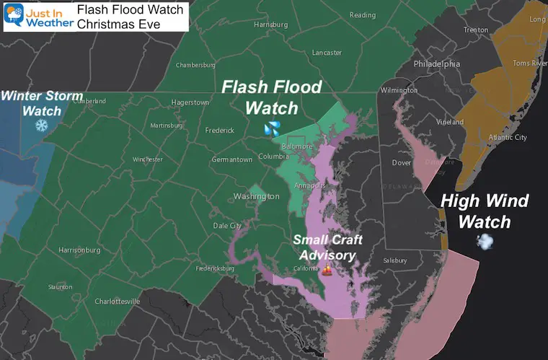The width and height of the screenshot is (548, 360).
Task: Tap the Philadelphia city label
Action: click(x=436, y=63)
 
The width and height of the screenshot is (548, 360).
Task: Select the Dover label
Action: click(x=401, y=163)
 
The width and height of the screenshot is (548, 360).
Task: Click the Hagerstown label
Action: click(x=190, y=102)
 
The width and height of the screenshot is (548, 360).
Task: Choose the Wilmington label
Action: click(x=399, y=90)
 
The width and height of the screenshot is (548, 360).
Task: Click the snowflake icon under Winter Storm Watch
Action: click(x=42, y=126)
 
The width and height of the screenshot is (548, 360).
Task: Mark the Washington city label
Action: click(x=256, y=196)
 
